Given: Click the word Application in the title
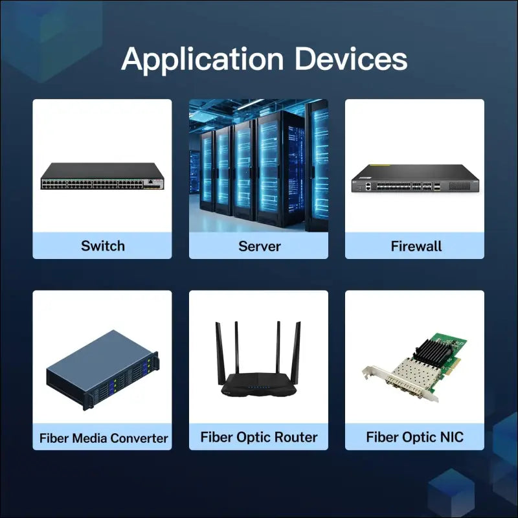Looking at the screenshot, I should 202,60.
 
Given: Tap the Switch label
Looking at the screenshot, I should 102,246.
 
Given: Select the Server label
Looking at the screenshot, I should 259,246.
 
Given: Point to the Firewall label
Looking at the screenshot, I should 416,246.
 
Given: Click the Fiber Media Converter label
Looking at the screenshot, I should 104,438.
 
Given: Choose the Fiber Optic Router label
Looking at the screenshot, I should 259,437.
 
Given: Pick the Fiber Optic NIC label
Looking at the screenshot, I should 414,437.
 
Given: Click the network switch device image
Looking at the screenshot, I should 102,176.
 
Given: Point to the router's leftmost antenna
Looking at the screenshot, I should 219,350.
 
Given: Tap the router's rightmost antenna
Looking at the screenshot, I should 297,350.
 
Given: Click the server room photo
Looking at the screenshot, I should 259,165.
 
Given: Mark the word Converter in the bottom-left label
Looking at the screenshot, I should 139,438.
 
